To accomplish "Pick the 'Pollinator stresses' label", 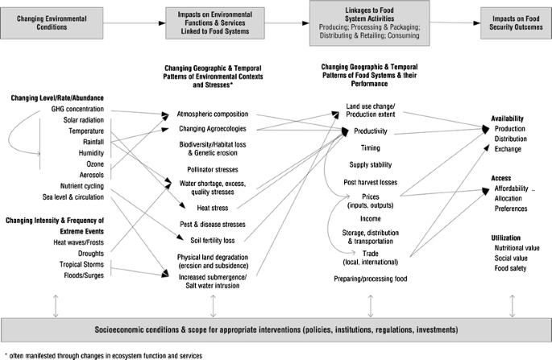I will click(214, 171).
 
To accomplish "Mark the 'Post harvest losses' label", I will click(371, 182).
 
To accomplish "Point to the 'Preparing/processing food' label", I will click(371, 278).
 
